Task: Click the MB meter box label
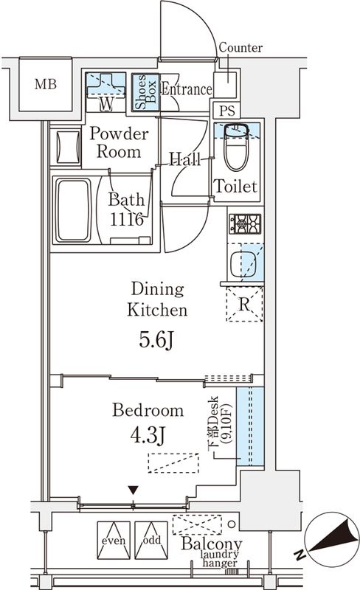click(x=46, y=84)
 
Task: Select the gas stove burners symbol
click(x=245, y=224)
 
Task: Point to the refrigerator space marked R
click(x=244, y=304)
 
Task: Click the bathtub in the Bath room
click(x=74, y=210)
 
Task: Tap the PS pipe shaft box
click(x=227, y=110)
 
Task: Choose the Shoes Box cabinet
click(x=145, y=92)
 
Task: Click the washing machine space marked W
click(x=105, y=91)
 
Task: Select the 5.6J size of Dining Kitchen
click(x=156, y=341)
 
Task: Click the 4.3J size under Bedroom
click(x=148, y=435)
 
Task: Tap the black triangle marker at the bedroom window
click(x=133, y=490)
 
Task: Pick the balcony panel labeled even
click(x=114, y=540)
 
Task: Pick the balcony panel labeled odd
click(x=151, y=540)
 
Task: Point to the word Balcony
click(x=211, y=544)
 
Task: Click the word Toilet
click(x=235, y=187)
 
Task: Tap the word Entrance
click(x=187, y=89)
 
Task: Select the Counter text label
click(x=240, y=47)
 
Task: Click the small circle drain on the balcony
click(x=232, y=524)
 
